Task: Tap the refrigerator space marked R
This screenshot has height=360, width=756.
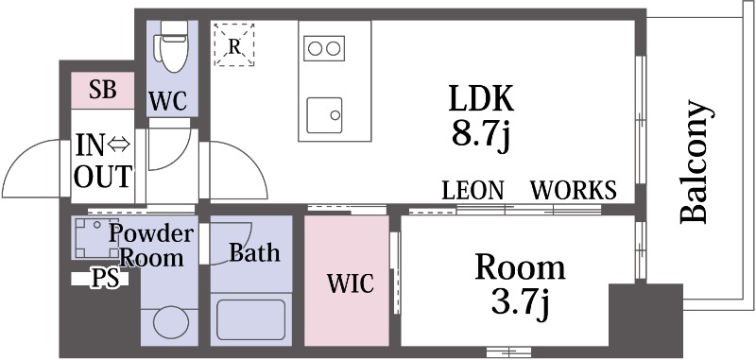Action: coord(234,44)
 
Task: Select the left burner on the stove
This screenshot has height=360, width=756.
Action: coord(316,49)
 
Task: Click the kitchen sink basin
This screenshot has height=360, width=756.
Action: coord(324,115)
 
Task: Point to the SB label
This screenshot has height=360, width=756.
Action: coord(103,90)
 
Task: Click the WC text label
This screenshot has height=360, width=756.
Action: coord(168,101)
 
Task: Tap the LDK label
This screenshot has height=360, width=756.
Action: coord(481,99)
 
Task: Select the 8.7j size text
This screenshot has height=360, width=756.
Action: coord(481,135)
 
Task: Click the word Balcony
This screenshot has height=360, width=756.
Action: coord(695,162)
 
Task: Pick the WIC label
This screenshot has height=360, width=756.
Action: coord(351,283)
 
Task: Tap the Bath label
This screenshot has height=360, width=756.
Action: coord(254,252)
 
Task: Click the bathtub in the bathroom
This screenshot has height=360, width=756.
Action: coord(250,319)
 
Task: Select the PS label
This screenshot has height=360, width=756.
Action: coord(105,279)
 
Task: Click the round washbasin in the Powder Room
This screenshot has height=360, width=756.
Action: coord(170,323)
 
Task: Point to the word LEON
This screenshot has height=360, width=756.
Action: coord(473,190)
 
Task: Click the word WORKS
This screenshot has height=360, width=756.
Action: coord(574,190)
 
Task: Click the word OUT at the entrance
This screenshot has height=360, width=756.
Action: coord(103,177)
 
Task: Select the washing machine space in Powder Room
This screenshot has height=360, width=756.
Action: coord(94,237)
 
